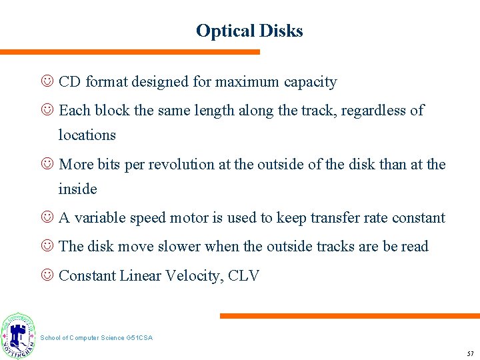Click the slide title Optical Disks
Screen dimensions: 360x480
tap(249, 31)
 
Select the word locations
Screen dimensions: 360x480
tap(87, 135)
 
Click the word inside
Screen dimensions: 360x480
tap(77, 189)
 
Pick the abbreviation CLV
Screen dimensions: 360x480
tap(243, 275)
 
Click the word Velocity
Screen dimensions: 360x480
tap(193, 275)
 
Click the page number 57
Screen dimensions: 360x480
tap(469, 351)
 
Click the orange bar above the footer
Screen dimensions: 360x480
tap(349, 316)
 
